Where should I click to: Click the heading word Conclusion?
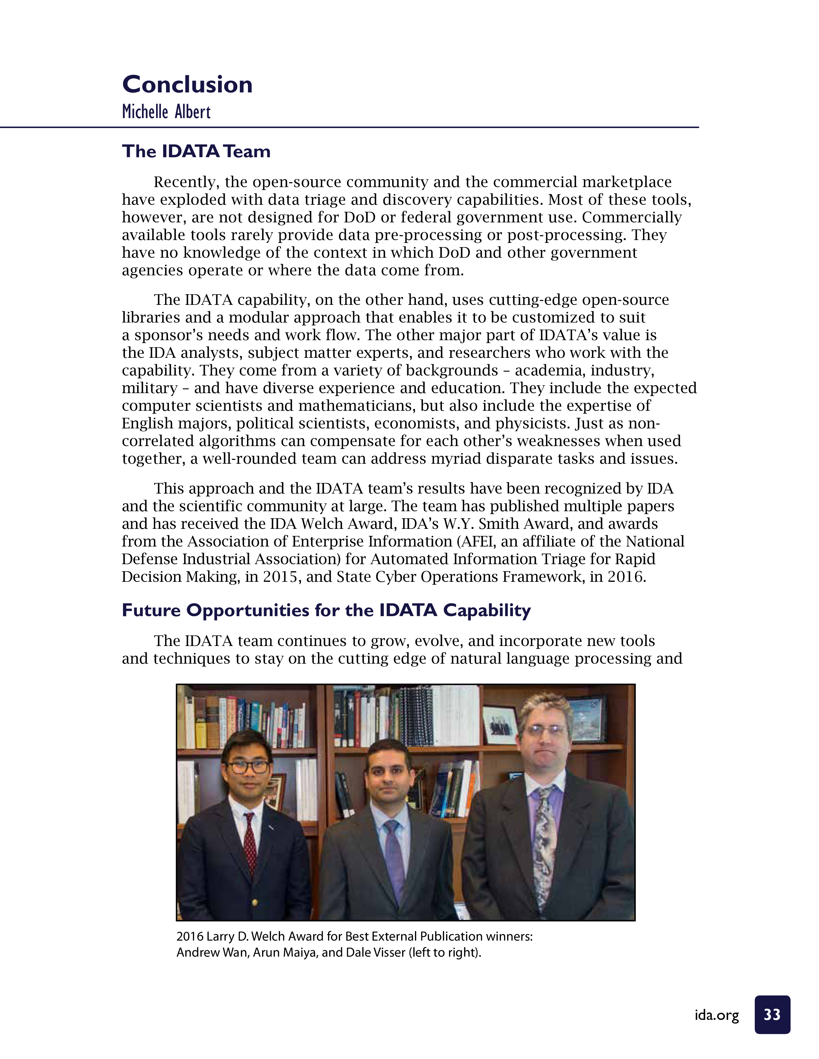187,85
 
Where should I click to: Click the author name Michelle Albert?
166,112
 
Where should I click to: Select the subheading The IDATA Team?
196,151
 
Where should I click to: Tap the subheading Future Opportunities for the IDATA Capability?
326,610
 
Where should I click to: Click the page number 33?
772,1014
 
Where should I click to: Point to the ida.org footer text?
717,1015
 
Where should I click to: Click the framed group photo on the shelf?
500,724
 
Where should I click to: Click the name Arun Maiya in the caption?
285,952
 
